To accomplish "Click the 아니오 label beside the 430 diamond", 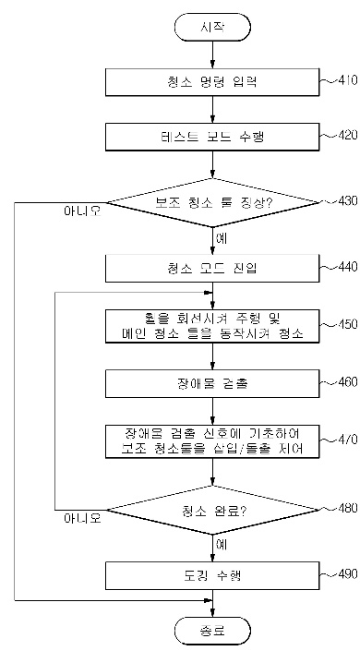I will click(x=81, y=211).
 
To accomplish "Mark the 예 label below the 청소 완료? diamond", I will click(x=222, y=544).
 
